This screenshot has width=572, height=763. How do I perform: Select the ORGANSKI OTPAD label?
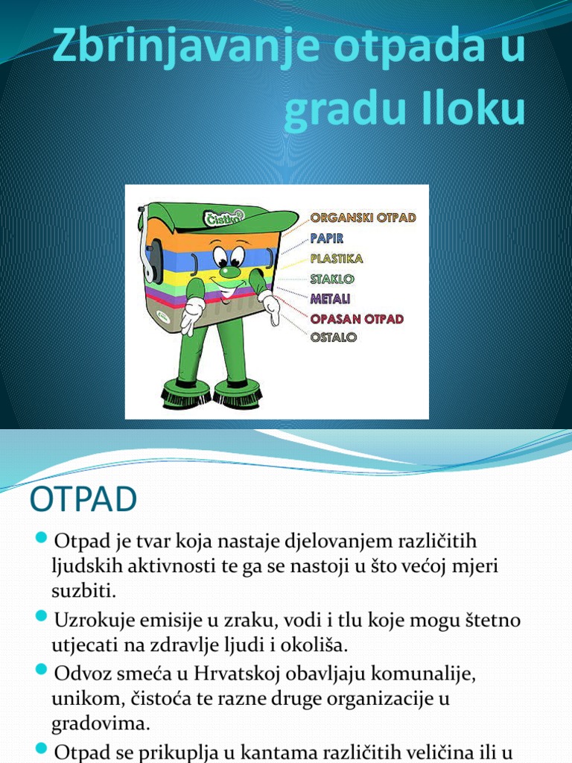point(363,218)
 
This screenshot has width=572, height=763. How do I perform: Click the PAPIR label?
point(327,238)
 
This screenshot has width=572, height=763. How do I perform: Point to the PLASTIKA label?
point(337,259)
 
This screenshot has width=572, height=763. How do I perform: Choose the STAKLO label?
point(332,279)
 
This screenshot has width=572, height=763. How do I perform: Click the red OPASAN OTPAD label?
point(357,318)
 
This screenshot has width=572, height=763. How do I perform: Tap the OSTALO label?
point(333,337)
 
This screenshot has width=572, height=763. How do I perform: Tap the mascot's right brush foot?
point(237,394)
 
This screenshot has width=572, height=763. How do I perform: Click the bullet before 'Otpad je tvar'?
point(42,538)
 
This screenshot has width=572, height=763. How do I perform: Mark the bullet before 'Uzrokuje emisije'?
point(42,617)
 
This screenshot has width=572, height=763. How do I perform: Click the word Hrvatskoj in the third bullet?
point(232,674)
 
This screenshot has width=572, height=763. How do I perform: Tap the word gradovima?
point(101,724)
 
